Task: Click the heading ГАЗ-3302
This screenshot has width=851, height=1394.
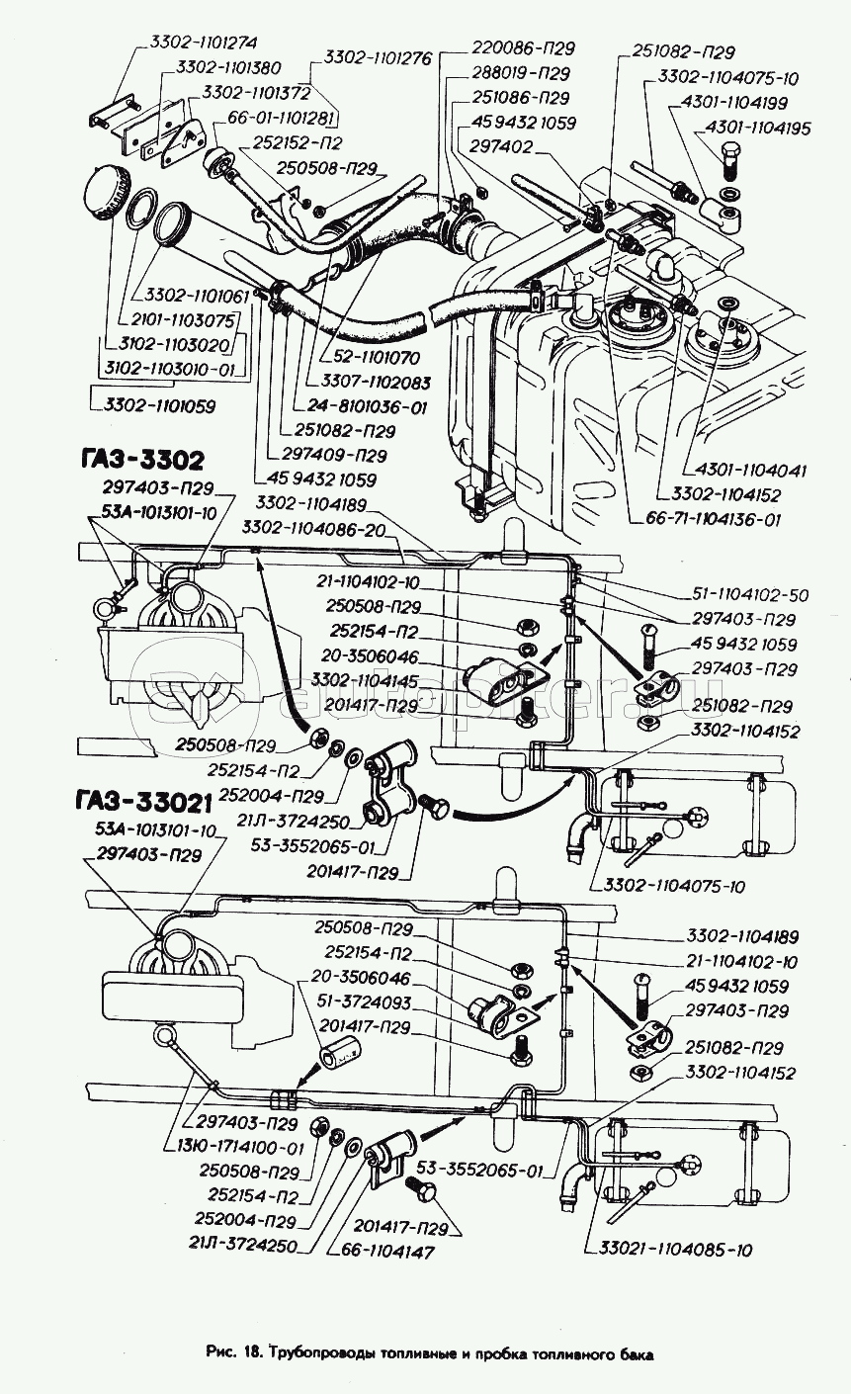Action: coord(137,460)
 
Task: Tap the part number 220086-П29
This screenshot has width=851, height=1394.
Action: coord(523,47)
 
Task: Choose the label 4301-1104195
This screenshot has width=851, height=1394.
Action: coord(756,129)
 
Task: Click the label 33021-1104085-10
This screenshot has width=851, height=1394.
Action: coord(669,1250)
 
